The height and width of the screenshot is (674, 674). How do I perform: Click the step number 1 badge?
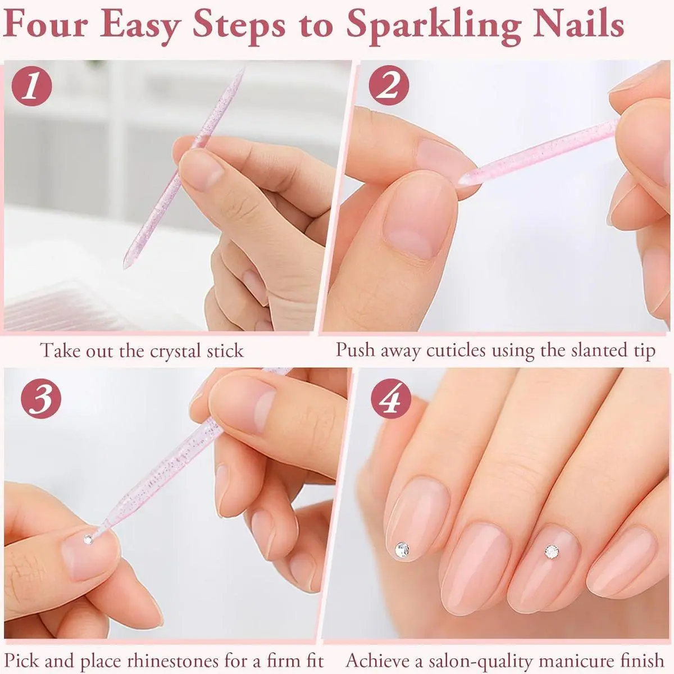[x=32, y=86]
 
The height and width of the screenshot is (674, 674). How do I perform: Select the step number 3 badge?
[x=41, y=398]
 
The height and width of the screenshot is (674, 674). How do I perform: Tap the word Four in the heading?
[x=45, y=25]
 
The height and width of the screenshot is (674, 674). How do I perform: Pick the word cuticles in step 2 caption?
[x=457, y=350]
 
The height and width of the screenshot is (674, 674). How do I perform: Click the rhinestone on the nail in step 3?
[x=88, y=540]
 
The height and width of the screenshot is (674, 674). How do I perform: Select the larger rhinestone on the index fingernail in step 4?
[x=402, y=549]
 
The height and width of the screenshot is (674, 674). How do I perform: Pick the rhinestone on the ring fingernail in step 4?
[x=552, y=552]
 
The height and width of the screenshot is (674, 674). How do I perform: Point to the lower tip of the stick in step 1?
[x=125, y=266]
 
